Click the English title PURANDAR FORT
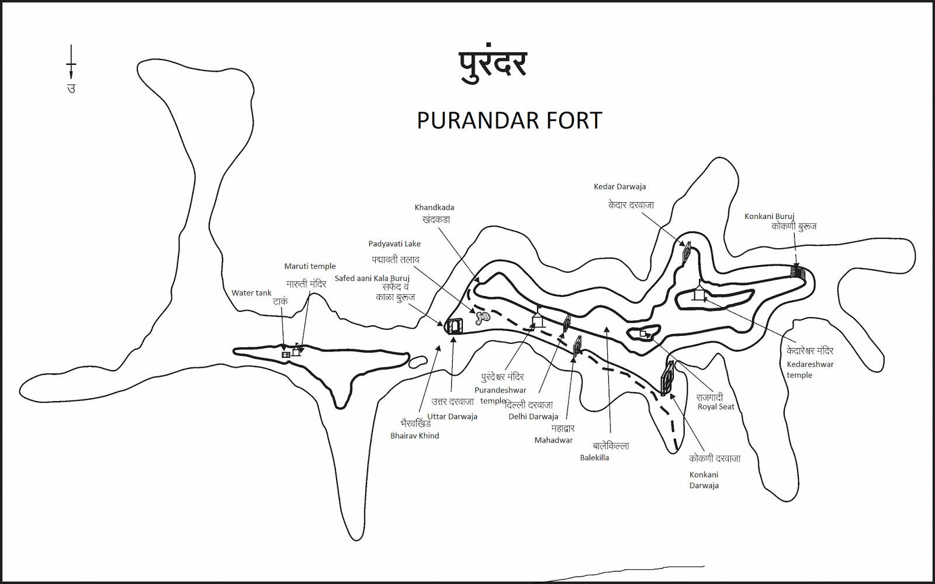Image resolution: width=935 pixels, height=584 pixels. point(509,120)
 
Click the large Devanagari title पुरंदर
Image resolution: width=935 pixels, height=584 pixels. point(492,65)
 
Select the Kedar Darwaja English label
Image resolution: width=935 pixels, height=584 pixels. point(619,187)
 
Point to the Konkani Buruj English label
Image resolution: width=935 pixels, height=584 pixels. point(769,216)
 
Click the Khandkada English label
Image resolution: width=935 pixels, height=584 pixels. point(434,207)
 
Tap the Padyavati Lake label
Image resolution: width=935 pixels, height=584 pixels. point(394,244)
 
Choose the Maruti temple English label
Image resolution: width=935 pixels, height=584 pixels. point(310,266)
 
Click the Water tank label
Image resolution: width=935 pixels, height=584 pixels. point(251,293)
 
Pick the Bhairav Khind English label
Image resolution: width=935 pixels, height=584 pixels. point(414,436)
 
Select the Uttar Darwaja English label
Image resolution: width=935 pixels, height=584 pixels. point(452,416)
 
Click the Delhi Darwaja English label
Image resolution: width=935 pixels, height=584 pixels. point(533,416)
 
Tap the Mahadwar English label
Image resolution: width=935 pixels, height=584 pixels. point(553,440)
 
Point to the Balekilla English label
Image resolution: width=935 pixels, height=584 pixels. point(594,458)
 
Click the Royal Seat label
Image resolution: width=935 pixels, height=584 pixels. point(716,407)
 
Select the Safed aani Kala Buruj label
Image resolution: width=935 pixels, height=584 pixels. point(372,279)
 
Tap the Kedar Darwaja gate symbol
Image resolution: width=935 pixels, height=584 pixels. point(687,251)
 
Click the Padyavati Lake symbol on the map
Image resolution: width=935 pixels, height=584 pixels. point(482,318)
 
